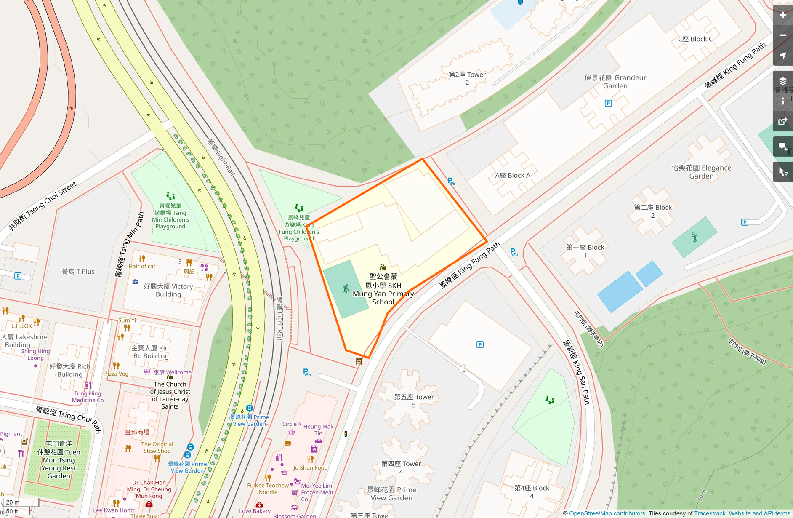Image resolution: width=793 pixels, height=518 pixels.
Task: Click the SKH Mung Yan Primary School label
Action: point(383,289)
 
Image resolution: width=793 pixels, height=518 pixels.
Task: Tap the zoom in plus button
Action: point(783,15)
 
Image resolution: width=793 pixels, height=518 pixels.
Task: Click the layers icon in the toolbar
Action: point(783,81)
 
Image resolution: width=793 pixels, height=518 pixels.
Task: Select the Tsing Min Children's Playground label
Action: point(170,216)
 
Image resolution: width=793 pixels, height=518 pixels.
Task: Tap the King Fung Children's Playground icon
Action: point(299,208)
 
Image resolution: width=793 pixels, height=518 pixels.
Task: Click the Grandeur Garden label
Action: point(615,82)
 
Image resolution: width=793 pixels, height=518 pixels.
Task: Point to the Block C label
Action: point(695,39)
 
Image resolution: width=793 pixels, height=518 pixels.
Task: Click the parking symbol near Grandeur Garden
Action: point(608,103)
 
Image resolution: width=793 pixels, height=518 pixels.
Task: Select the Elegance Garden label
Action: point(701,172)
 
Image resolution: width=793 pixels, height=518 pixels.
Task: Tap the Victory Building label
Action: point(168,290)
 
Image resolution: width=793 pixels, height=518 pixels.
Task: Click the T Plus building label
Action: point(78,272)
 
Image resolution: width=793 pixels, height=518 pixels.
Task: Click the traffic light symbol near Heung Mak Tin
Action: point(346,434)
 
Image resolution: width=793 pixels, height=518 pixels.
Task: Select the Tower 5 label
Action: point(414,401)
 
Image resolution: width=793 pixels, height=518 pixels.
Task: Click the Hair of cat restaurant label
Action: point(142,266)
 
